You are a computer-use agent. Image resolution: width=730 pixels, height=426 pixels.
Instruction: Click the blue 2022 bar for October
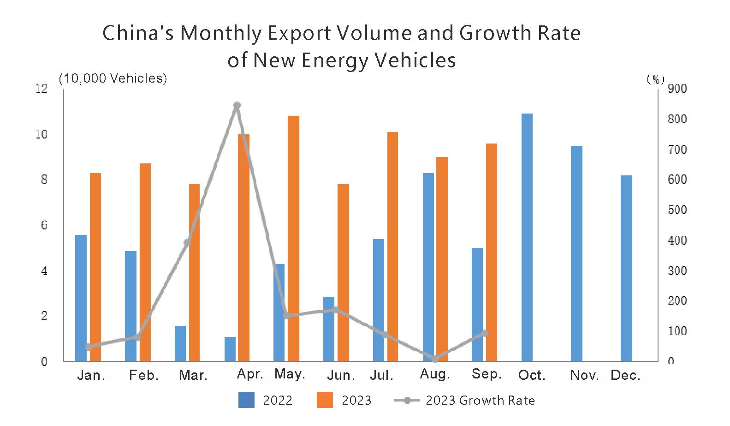(527, 237)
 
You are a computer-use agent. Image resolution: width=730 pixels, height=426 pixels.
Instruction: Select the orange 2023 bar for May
(293, 238)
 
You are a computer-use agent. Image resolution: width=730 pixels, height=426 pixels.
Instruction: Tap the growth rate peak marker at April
(237, 106)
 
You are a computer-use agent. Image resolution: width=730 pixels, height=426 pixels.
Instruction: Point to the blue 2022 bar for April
(230, 349)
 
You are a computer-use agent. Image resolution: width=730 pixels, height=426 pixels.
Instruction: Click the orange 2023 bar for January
(95, 267)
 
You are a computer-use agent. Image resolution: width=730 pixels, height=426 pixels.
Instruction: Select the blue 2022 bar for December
(626, 268)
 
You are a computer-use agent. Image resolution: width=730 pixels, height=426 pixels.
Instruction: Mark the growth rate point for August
(435, 359)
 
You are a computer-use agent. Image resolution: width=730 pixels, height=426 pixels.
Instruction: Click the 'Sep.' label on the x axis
(486, 374)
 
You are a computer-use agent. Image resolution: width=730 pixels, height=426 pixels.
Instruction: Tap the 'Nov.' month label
(584, 375)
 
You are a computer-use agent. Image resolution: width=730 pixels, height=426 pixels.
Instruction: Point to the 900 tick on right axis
(677, 89)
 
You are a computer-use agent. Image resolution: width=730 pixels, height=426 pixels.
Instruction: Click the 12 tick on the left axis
(42, 89)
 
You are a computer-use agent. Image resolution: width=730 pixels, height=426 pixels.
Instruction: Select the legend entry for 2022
(265, 400)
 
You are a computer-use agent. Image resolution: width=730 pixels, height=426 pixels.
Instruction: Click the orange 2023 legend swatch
(325, 400)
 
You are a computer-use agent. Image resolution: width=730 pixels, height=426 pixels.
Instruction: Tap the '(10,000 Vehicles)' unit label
(113, 78)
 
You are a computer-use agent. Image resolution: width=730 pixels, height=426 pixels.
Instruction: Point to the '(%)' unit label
(655, 79)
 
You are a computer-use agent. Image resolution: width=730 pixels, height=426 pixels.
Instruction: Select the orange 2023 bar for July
(392, 246)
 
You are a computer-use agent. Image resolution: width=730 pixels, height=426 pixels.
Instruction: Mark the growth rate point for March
(187, 242)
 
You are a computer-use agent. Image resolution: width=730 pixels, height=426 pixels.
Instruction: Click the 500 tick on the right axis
(677, 210)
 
